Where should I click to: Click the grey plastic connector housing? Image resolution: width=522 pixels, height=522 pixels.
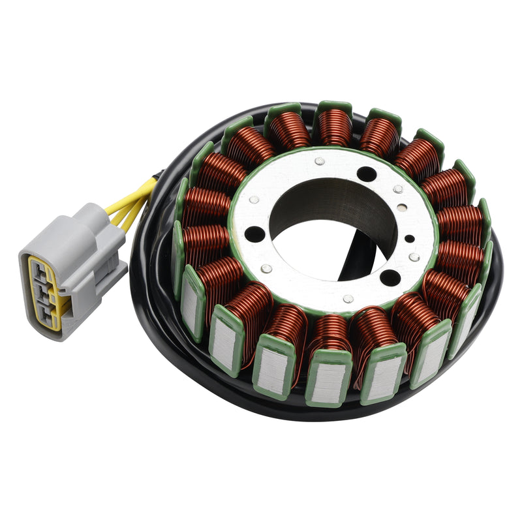pos(72,261)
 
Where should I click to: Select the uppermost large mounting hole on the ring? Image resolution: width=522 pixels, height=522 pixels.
pos(367,174)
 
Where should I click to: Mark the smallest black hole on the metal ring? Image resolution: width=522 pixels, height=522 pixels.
pos(409,238)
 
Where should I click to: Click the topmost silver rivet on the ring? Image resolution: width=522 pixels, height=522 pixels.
pos(319,161)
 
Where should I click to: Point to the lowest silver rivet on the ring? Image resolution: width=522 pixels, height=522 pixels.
pos(348,299)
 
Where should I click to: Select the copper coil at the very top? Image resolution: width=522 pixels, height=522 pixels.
pos(335,127)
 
